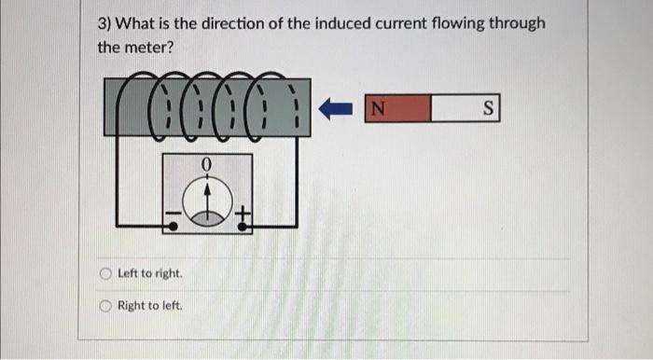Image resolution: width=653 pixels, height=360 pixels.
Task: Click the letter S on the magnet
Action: pos(487,109)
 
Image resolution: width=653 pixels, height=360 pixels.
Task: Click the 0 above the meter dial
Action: pos(206,165)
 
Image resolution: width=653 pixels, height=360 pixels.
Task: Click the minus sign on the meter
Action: pos(172,219)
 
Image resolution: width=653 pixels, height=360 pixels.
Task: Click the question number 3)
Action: pos(107,22)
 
